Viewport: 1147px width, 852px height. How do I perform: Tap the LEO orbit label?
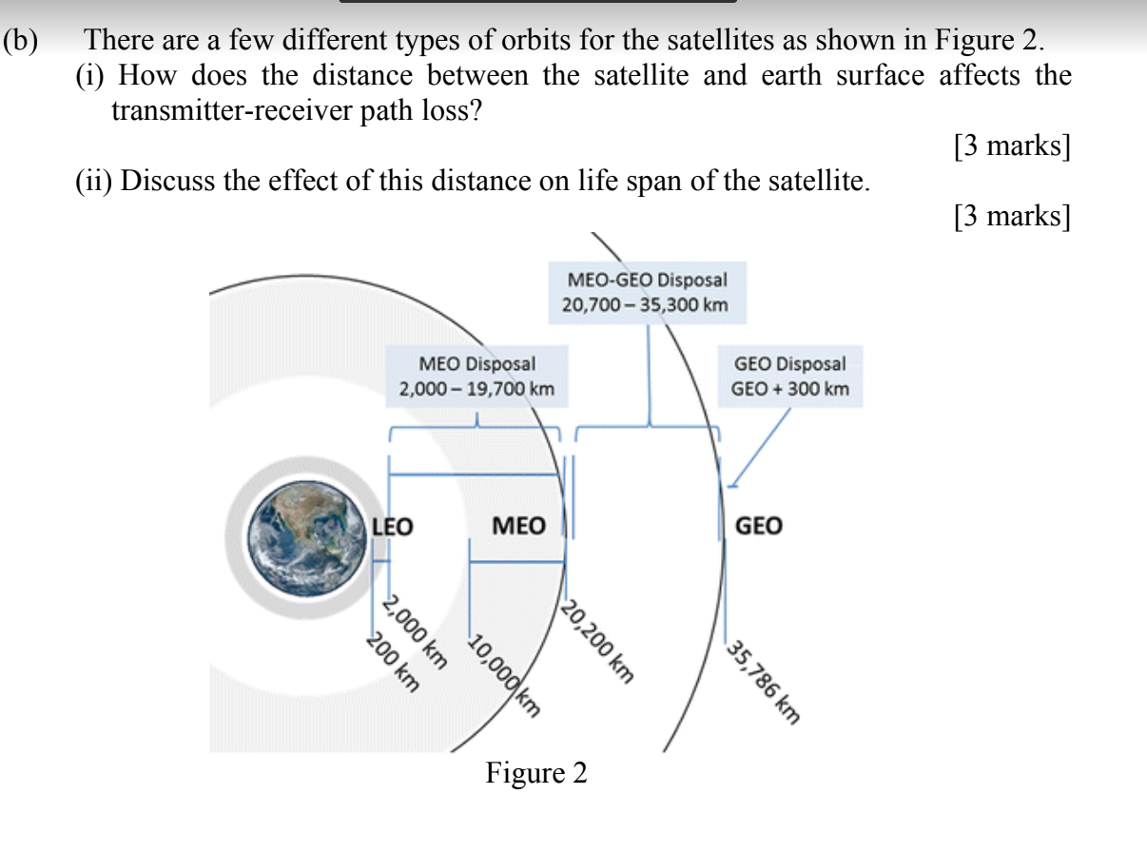point(391,526)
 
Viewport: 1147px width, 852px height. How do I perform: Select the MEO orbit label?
point(518,526)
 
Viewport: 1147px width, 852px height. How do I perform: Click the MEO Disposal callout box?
point(476,376)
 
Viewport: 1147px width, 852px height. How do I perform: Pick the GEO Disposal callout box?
point(789,376)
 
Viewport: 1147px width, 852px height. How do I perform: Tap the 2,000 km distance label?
point(415,632)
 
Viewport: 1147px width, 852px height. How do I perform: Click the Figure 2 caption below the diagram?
point(536,773)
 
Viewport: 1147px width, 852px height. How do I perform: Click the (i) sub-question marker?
point(91,76)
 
